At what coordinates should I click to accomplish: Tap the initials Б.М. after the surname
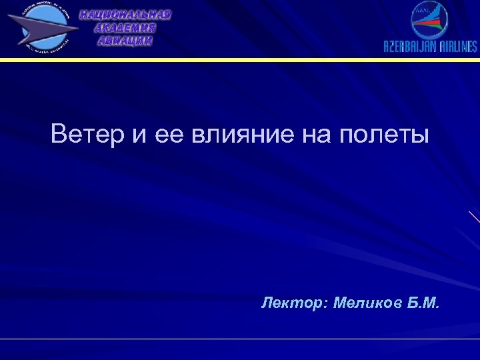pos(424,304)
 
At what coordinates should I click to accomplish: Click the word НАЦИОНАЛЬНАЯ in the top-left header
pos(125,15)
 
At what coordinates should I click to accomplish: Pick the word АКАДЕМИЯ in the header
pos(125,28)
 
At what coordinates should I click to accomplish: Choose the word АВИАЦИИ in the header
pos(125,41)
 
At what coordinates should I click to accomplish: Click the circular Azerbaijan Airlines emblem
pos(430,20)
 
